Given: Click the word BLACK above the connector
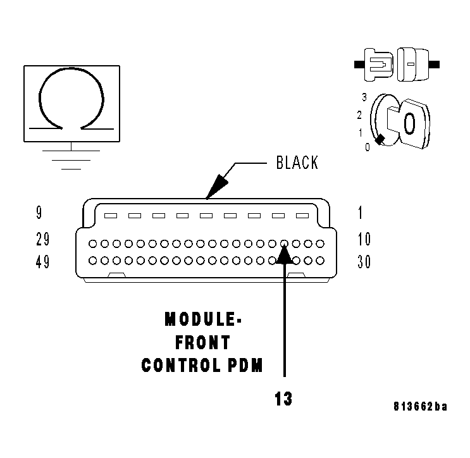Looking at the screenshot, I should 297,163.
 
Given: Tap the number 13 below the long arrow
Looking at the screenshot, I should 284,399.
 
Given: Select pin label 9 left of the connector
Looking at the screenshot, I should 40,213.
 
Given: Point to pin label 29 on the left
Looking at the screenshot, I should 43,240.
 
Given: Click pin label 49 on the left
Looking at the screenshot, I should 43,261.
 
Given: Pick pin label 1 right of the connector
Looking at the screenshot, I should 361,213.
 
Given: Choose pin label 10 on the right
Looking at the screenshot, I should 364,240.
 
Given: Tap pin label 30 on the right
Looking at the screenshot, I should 364,261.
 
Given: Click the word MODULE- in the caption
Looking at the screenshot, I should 202,319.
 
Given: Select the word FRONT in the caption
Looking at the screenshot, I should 202,343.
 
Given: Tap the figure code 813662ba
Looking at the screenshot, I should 420,407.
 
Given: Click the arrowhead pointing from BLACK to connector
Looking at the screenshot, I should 216,187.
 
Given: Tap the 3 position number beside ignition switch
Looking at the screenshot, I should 364,97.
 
